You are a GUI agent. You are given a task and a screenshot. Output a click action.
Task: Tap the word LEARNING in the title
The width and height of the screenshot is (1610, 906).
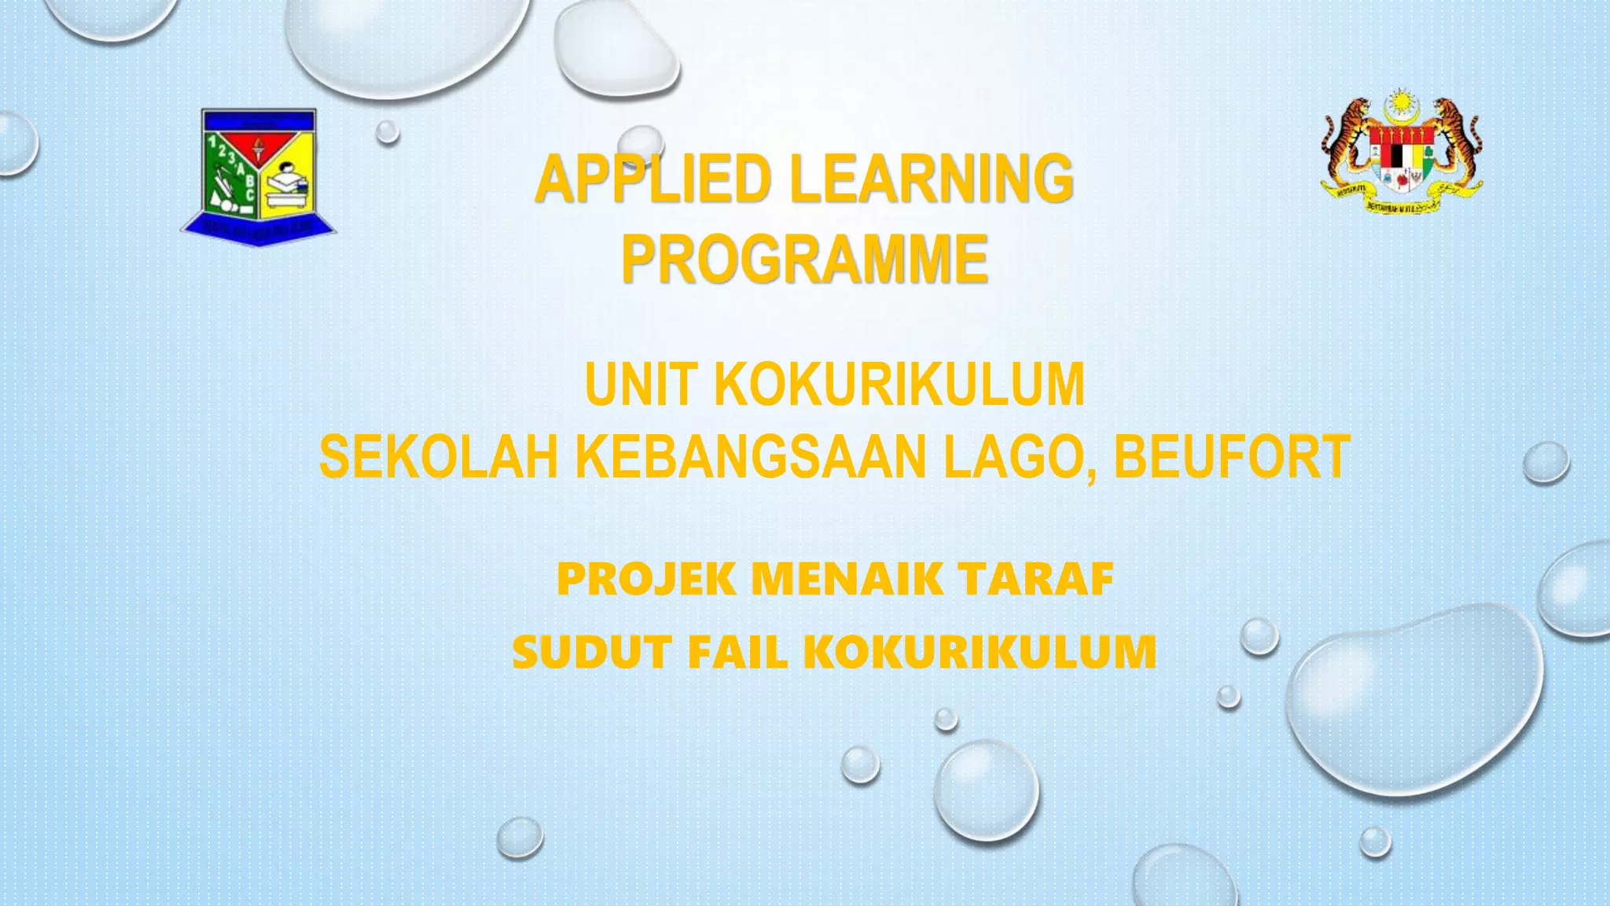click(932, 179)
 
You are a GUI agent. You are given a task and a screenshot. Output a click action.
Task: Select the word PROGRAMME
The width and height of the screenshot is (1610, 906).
click(804, 260)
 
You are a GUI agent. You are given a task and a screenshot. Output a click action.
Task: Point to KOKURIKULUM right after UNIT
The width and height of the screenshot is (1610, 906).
click(899, 385)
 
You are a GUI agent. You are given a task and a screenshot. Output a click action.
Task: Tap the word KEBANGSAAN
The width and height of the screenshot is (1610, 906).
click(751, 457)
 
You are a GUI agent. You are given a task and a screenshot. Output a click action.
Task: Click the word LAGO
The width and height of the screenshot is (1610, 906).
click(1019, 457)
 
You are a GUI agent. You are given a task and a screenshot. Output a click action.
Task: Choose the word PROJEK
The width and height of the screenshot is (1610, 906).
click(646, 580)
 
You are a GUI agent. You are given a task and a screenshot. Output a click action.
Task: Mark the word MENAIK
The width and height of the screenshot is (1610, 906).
click(847, 580)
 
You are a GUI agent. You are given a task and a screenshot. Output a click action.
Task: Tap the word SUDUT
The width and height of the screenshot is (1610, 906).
click(591, 653)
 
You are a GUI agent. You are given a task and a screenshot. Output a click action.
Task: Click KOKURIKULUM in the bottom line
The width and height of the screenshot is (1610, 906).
click(980, 653)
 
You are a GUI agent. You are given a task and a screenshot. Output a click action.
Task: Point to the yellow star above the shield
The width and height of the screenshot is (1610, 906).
click(1400, 103)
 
